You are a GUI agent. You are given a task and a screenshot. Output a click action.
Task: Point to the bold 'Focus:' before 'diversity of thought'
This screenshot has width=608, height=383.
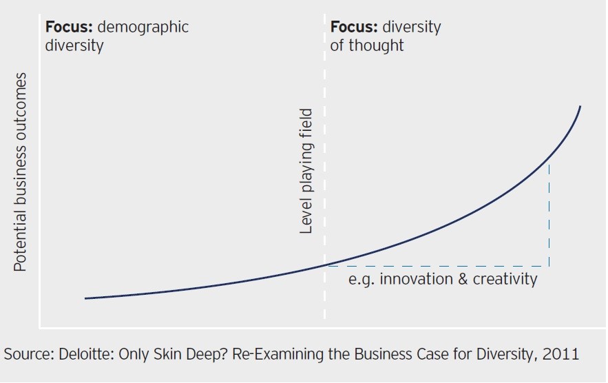[354, 28]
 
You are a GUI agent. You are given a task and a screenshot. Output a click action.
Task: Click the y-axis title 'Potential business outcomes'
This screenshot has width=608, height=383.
[21, 172]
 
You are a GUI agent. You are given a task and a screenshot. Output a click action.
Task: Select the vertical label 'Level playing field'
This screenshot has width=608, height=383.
[307, 172]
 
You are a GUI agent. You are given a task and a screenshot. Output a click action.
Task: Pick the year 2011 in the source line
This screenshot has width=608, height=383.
[561, 354]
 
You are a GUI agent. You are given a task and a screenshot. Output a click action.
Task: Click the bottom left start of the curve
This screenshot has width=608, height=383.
[85, 298]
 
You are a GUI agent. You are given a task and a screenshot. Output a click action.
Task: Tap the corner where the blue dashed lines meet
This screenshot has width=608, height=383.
[549, 265]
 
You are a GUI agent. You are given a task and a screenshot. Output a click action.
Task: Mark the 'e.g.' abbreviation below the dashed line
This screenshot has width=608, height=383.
[361, 280]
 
